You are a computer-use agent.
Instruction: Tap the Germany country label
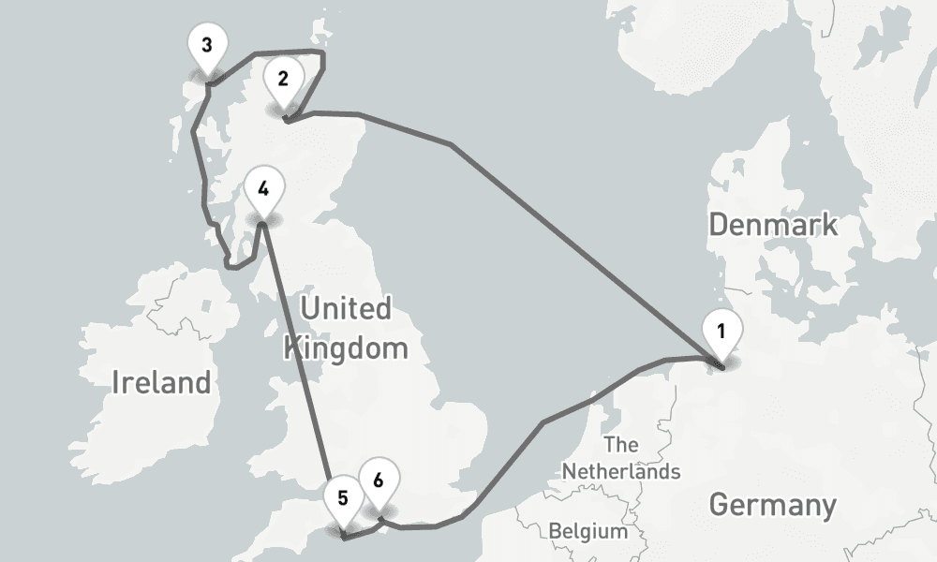pos(772,505)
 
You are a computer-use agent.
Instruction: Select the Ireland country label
pos(160,382)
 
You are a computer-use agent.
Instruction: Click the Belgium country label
pos(588,531)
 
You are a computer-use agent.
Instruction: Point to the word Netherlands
pos(620,470)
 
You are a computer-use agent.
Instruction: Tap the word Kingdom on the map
pos(346,348)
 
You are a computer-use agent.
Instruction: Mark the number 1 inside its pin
pos(721,330)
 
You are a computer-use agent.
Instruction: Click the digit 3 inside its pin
pos(206,44)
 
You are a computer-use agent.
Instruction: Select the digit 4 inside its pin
pos(263,187)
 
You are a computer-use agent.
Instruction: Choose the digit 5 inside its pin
pos(343,497)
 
